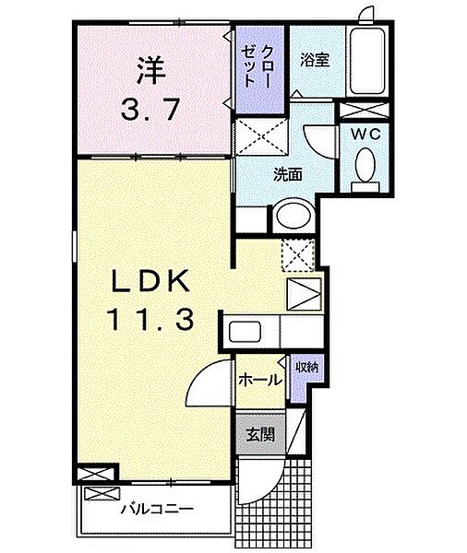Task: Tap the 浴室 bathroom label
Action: (316, 60)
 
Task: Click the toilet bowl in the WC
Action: (366, 168)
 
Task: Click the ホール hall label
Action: (259, 379)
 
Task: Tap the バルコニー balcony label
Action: (155, 508)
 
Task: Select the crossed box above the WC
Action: (366, 109)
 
